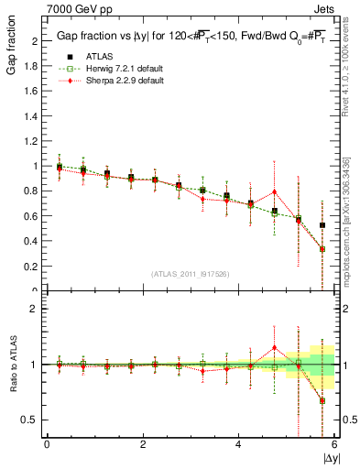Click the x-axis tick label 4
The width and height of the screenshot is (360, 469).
click(x=238, y=444)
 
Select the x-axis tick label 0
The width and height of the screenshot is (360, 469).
click(x=47, y=444)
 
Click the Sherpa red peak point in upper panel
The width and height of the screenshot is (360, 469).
click(x=274, y=192)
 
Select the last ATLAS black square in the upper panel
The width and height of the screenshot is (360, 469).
click(x=322, y=225)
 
